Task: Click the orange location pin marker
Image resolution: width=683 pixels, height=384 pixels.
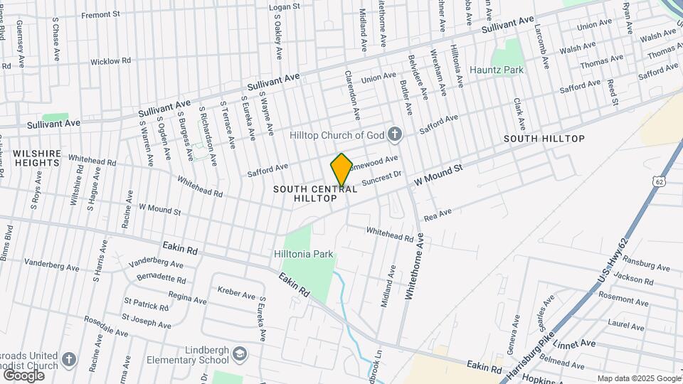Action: click(341, 169)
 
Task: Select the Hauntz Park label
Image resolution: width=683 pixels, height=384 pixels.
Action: click(497, 70)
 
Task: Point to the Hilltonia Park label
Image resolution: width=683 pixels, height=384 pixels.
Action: click(304, 254)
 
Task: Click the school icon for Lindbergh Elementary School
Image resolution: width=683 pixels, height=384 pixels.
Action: click(242, 353)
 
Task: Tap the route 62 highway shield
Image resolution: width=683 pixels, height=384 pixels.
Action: click(660, 182)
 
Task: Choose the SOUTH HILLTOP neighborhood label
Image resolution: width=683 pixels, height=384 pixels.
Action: click(544, 138)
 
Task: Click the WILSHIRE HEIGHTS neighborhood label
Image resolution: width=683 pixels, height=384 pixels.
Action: click(36, 158)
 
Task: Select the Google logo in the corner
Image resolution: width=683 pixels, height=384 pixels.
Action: click(23, 375)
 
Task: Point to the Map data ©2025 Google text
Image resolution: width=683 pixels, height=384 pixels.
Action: click(639, 378)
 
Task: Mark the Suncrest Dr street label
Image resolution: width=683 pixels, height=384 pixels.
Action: click(382, 177)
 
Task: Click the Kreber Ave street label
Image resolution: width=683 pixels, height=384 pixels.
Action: click(236, 294)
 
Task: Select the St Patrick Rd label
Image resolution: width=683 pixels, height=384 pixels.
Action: click(146, 306)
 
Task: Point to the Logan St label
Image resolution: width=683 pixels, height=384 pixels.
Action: click(285, 7)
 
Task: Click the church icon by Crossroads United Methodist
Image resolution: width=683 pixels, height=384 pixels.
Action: click(69, 359)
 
